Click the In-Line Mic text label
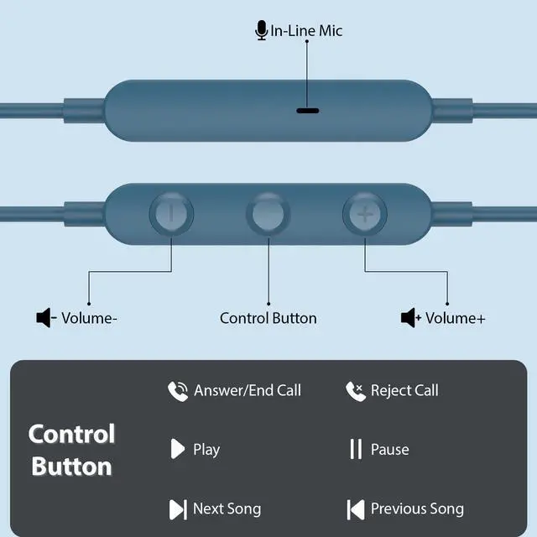coord(306,31)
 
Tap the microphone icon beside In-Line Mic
coord(261,31)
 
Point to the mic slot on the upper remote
coord(307,110)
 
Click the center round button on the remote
coord(268,213)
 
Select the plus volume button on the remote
coord(365,213)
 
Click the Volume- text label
coord(89,318)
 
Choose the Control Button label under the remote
coord(268,318)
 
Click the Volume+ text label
coord(456,318)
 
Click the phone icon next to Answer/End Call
coord(177,390)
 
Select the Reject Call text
coord(404,390)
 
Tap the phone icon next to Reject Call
coord(355,390)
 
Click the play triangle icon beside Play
coord(177,449)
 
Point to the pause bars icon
coord(356,449)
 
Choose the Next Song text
coord(227,508)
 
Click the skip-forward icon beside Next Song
coord(177,508)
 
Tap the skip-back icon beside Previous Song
coord(355,508)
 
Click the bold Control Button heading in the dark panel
coord(71,450)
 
